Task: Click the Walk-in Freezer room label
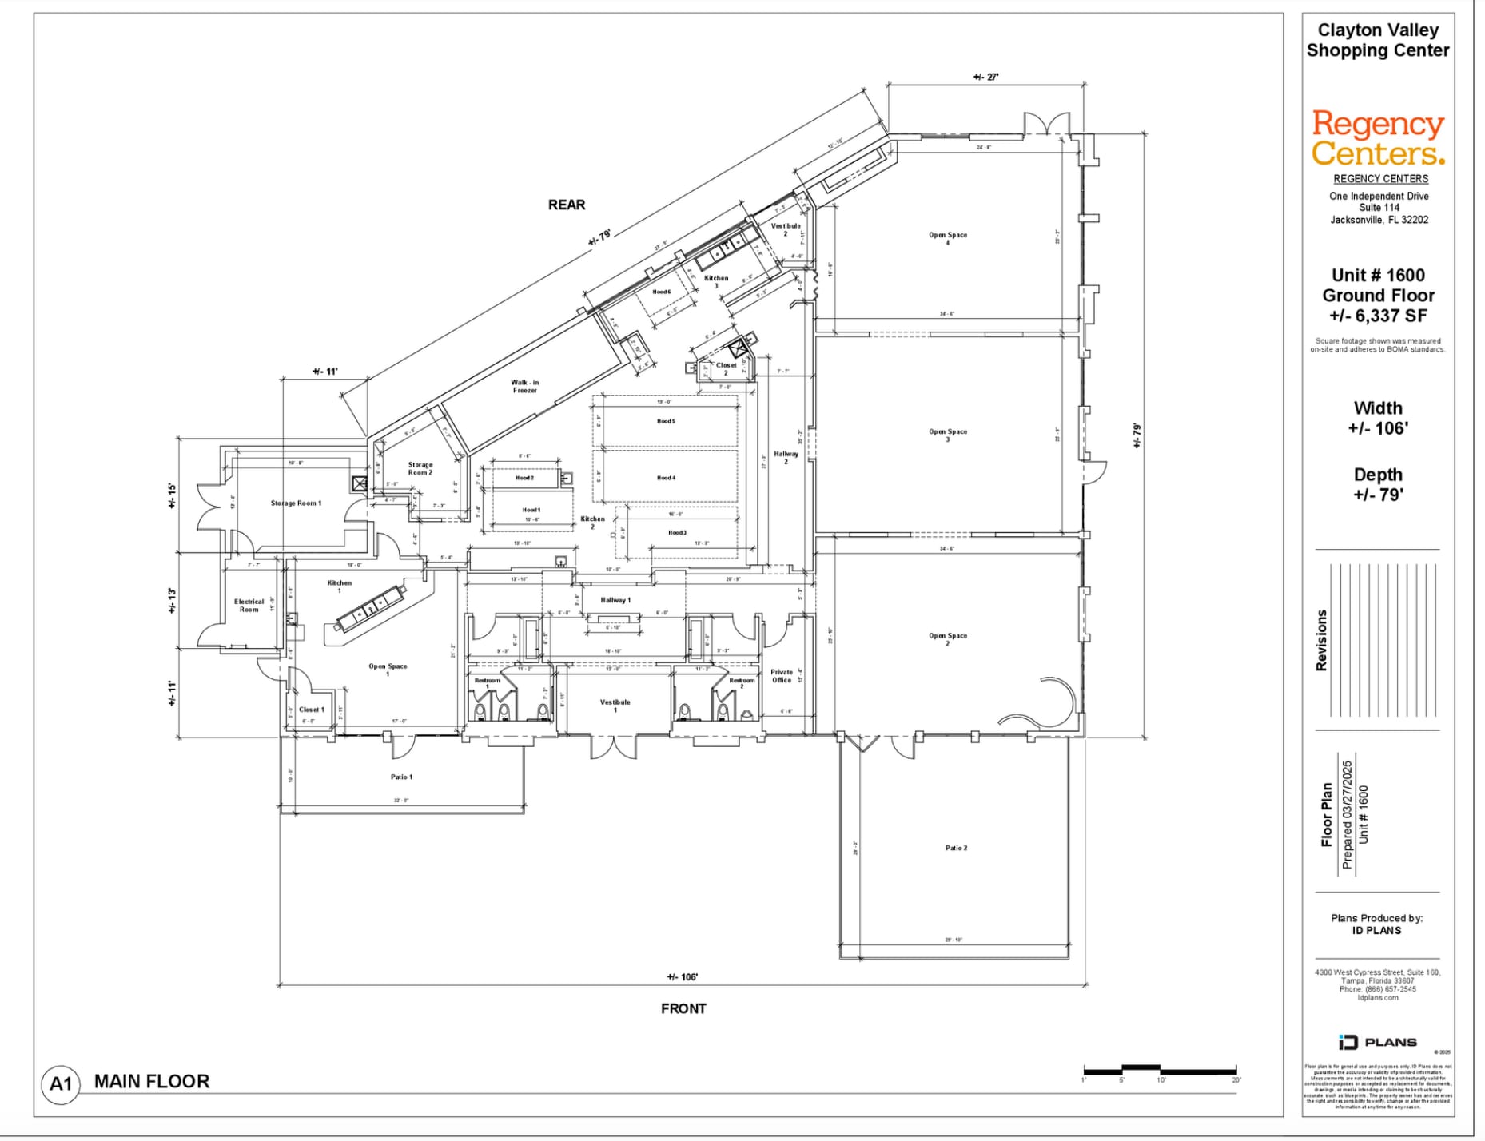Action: tap(525, 386)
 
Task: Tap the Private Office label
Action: tap(782, 676)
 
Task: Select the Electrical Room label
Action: tap(249, 606)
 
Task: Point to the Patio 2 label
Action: tap(956, 848)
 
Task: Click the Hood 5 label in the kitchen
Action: tap(666, 421)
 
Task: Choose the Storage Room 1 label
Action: tap(296, 503)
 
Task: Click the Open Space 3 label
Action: tap(948, 435)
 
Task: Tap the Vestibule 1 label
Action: tap(615, 706)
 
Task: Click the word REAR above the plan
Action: tap(567, 205)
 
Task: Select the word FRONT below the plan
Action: tap(683, 1008)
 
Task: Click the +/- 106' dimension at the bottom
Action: tap(683, 976)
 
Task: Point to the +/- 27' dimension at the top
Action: tap(985, 78)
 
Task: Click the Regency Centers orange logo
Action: tap(1378, 137)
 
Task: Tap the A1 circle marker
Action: tap(61, 1083)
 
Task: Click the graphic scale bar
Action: tap(1160, 1070)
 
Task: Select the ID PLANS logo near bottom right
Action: tap(1378, 1042)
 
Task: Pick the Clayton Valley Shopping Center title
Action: tap(1378, 40)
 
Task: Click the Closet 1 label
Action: tap(311, 710)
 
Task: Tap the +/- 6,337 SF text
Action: tap(1378, 316)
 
